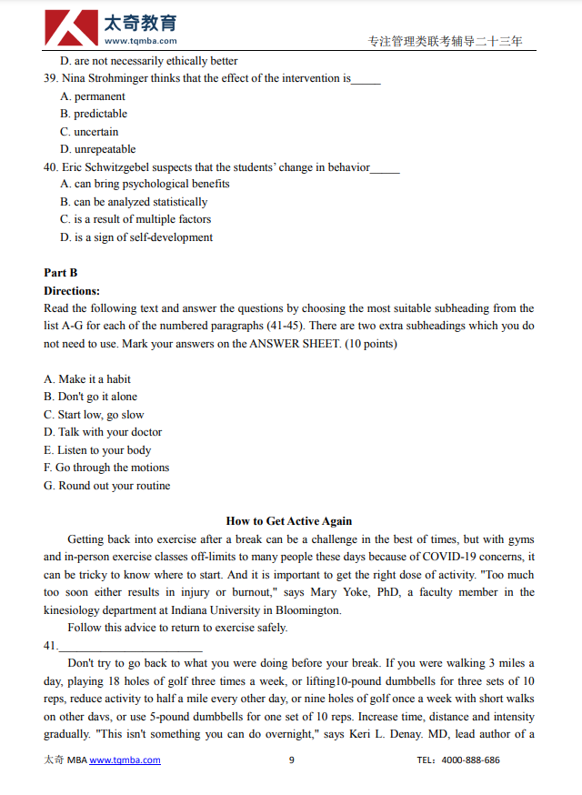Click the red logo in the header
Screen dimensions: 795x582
coord(71,28)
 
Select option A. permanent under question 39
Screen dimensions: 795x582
coord(93,96)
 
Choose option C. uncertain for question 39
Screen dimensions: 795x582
coord(89,132)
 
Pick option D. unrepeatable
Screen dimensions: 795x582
coord(98,149)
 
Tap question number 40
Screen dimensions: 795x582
coord(51,167)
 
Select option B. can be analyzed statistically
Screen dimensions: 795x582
coord(134,202)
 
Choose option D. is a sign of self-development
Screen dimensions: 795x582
coord(136,237)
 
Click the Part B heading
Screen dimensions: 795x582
coord(61,273)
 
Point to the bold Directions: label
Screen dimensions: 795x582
coord(72,291)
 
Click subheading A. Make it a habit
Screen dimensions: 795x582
coord(87,379)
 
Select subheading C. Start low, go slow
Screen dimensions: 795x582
coord(94,415)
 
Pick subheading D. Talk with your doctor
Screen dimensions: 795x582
coord(103,432)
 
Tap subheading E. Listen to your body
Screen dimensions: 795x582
coord(97,450)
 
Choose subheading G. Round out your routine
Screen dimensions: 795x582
coord(106,486)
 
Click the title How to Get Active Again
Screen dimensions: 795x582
coord(289,521)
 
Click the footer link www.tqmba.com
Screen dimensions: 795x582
coord(125,760)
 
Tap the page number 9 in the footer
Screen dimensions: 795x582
coord(292,760)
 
